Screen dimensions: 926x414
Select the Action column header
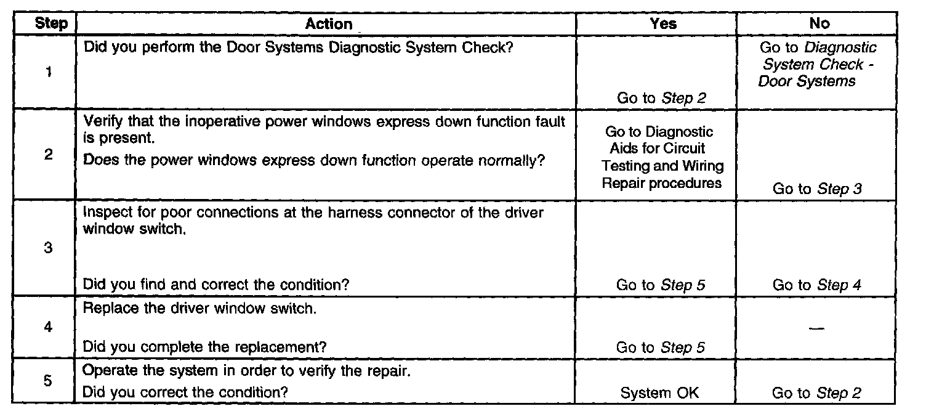click(329, 23)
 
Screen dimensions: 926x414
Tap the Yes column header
click(663, 23)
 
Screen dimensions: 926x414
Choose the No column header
click(819, 23)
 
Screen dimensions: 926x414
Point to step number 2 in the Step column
click(48, 154)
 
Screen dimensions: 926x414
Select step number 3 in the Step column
click(48, 249)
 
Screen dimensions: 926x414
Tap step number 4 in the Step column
click(48, 327)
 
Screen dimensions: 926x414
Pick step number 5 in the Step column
click(48, 381)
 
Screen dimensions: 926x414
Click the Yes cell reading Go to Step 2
click(661, 97)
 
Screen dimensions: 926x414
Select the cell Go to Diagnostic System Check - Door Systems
click(817, 64)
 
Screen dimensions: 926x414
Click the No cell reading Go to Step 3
click(817, 189)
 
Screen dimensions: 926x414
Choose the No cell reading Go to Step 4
click(817, 285)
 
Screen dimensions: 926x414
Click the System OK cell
click(659, 392)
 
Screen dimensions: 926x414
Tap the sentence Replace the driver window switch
click(199, 308)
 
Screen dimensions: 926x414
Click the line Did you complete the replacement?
click(204, 347)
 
